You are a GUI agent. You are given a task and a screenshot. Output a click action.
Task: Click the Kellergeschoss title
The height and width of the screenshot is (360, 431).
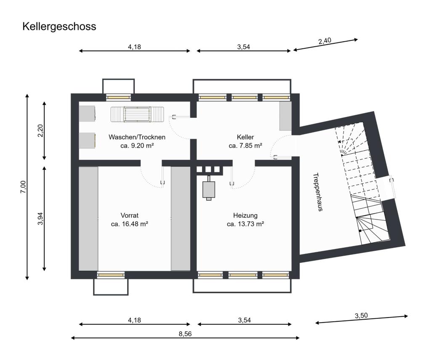pos(59,27)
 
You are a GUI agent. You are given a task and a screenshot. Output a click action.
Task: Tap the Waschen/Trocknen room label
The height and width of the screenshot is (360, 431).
pos(137,137)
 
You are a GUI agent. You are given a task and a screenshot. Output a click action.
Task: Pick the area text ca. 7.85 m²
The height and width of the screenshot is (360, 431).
pos(245,146)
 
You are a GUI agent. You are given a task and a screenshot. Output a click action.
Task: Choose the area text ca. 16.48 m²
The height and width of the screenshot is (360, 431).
pos(130,224)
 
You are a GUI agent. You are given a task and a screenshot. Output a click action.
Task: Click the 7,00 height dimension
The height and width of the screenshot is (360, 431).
pos(23,186)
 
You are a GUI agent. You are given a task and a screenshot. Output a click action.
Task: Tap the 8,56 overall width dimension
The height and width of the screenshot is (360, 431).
pos(185,334)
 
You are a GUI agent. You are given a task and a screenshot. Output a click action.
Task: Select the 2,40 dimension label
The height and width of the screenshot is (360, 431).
pos(325,41)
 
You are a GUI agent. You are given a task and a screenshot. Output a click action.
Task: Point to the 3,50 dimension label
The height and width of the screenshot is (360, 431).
pos(362,315)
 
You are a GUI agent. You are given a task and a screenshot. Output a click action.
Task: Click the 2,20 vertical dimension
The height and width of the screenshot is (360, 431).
pos(40,131)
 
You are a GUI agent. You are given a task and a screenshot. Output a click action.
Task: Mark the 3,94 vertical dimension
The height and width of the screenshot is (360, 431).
pos(40,218)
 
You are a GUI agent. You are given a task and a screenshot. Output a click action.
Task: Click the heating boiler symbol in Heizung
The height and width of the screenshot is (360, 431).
pos(208,190)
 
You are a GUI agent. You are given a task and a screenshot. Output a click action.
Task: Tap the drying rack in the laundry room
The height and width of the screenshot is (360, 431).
pos(137,114)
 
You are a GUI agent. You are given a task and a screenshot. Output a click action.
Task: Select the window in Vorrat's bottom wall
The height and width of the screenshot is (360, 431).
pos(111,275)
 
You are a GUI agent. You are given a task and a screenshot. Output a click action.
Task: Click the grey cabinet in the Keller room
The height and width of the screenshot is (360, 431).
pos(285,116)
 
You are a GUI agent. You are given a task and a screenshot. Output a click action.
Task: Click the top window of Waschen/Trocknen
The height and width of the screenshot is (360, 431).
pos(119,97)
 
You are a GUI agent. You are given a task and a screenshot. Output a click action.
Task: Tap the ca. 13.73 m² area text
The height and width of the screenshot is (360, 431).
pos(245,224)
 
